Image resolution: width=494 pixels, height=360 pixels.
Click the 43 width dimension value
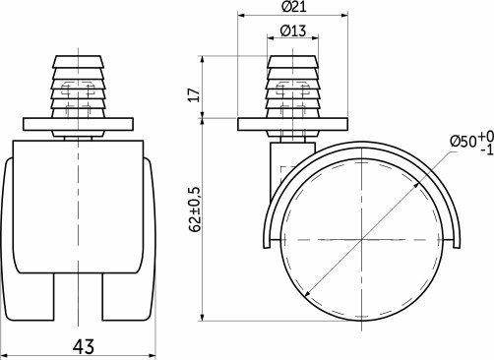pyautogui.click(x=82, y=345)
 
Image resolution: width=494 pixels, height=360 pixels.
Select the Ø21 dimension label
pyautogui.click(x=292, y=8)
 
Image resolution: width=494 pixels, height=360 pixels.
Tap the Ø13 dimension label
pyautogui.click(x=291, y=30)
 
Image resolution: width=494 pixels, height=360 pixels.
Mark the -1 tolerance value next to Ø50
pyautogui.click(x=485, y=150)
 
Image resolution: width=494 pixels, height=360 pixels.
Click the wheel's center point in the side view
pyautogui.click(x=361, y=239)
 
